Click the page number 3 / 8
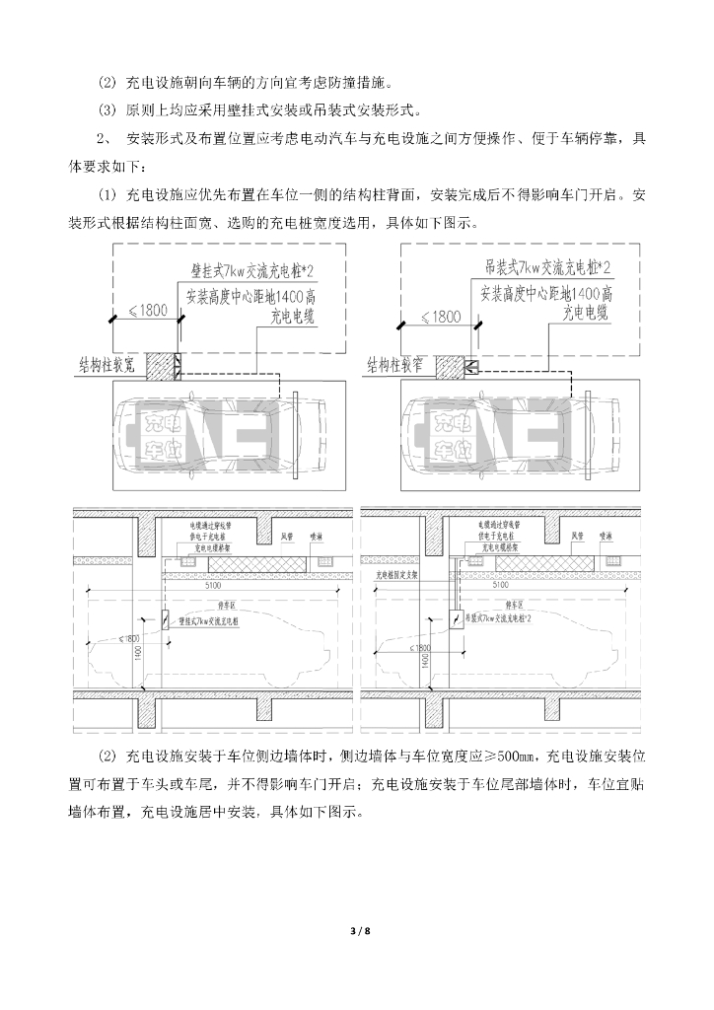(x=357, y=931)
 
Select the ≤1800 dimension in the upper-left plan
(x=144, y=314)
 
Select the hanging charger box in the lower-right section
(x=456, y=620)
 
